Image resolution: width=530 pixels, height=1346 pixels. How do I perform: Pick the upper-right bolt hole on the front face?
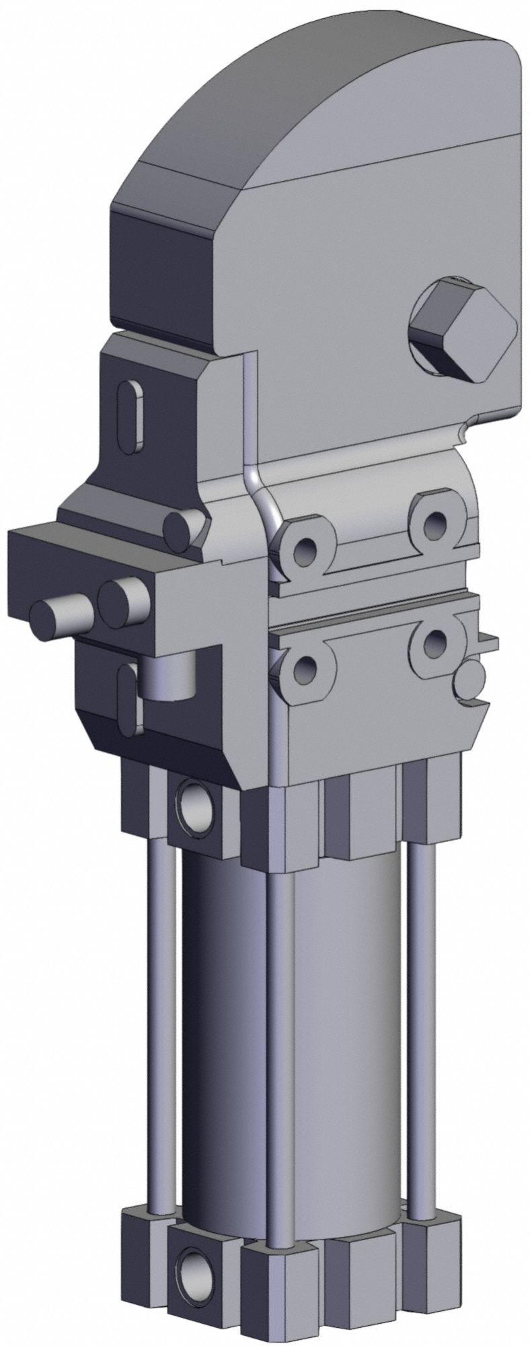pyautogui.click(x=432, y=519)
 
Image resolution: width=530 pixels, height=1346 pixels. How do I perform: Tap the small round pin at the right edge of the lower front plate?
pyautogui.click(x=469, y=681)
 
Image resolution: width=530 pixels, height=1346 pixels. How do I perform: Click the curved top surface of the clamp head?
pyautogui.click(x=289, y=94)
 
